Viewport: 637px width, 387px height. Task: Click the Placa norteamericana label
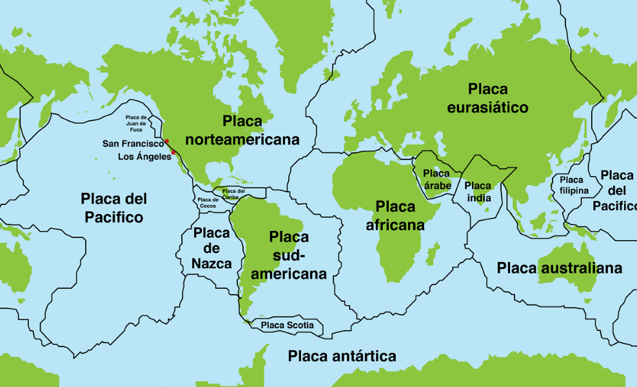(242, 130)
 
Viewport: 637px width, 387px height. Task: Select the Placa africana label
(395, 215)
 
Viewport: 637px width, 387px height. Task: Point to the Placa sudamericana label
(289, 255)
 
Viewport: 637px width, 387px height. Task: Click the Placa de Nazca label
(211, 248)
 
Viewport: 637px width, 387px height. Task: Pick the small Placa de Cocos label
(208, 203)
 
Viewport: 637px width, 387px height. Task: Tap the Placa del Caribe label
(233, 193)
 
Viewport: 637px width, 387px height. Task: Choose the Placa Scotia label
(288, 326)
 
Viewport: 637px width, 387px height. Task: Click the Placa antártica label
(342, 356)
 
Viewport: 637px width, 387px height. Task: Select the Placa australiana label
(560, 268)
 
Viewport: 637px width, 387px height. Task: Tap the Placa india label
(478, 192)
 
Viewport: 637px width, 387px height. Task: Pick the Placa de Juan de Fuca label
(136, 123)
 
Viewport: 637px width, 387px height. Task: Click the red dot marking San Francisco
(166, 141)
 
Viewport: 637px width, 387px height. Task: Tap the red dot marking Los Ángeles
(173, 153)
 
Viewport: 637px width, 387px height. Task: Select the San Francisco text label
(133, 143)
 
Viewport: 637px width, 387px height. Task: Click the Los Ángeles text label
(144, 157)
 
